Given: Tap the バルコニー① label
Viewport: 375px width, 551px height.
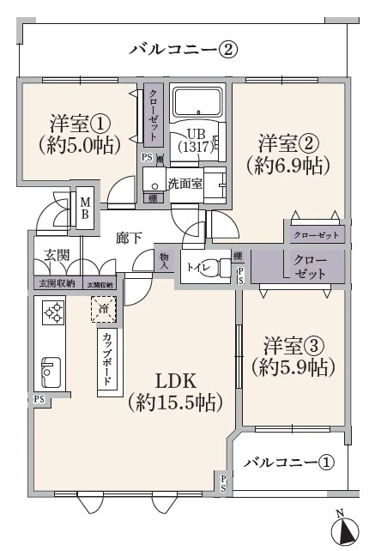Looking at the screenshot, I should pyautogui.click(x=288, y=463).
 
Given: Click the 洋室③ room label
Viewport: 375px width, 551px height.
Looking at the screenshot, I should pyautogui.click(x=292, y=356).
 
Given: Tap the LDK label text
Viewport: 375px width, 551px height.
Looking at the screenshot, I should pyautogui.click(x=176, y=391).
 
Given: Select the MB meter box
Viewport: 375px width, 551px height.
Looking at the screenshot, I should pyautogui.click(x=86, y=208).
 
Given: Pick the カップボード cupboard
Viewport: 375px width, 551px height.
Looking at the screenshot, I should pyautogui.click(x=106, y=360).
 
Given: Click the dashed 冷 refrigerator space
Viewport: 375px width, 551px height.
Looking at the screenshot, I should pyautogui.click(x=104, y=307).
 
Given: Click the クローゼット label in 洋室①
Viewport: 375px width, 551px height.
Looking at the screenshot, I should pyautogui.click(x=153, y=116).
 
